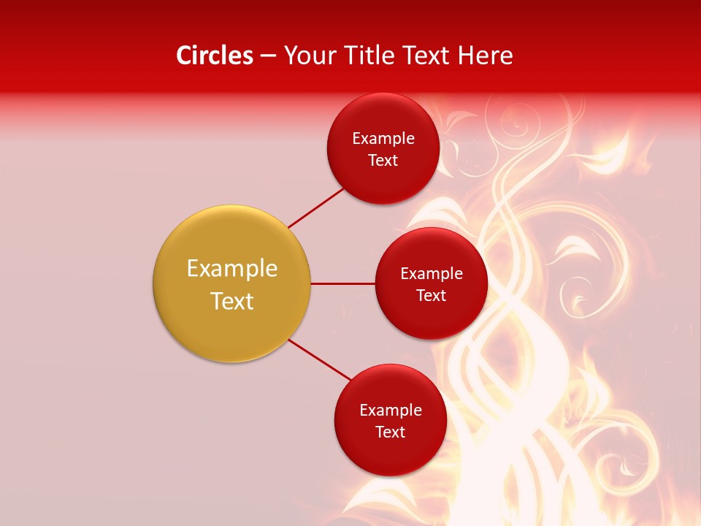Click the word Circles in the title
pyautogui.click(x=214, y=56)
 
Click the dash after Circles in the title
pyautogui.click(x=268, y=56)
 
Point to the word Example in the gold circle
pyautogui.click(x=232, y=269)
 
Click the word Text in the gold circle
pyautogui.click(x=232, y=301)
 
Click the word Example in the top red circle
pyautogui.click(x=383, y=138)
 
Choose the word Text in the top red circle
pyautogui.click(x=383, y=161)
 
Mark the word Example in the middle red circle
pyautogui.click(x=432, y=273)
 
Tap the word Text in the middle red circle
pyautogui.click(x=432, y=296)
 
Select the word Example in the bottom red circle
pyautogui.click(x=391, y=410)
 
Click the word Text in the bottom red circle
pyautogui.click(x=391, y=432)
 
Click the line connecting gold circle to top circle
pyautogui.click(x=315, y=207)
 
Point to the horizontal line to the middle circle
pyautogui.click(x=342, y=283)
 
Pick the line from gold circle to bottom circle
pyautogui.click(x=320, y=359)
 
